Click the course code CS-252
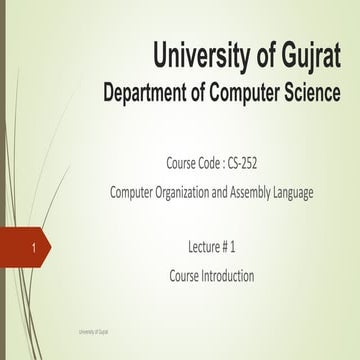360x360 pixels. coord(245,160)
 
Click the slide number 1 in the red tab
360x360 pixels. coord(34,245)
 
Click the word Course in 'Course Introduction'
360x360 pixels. coord(183,275)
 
